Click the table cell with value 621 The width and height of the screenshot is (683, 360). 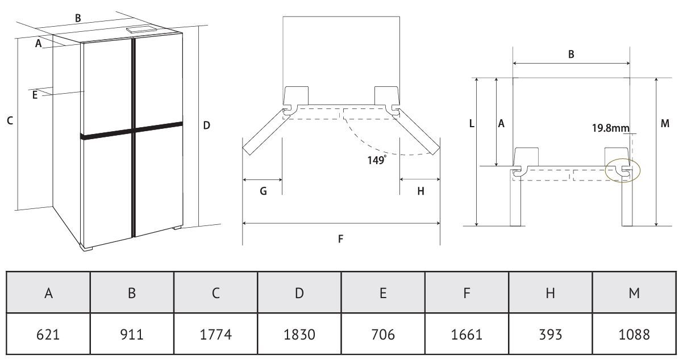point(48,334)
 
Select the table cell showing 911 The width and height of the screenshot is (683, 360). point(132,334)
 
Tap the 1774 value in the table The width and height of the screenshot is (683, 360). point(215,334)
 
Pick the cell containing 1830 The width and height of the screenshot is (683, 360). point(299,334)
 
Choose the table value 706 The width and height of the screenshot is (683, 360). point(383,334)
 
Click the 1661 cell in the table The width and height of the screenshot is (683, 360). point(467,334)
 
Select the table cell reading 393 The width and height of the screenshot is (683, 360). point(551,334)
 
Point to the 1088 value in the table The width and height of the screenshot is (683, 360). point(634,334)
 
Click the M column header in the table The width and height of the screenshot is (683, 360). point(634,292)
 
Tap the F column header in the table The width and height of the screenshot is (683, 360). point(467,292)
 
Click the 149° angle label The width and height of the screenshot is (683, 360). point(377,160)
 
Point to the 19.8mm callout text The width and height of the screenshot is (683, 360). point(611,128)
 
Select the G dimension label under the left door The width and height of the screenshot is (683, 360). point(264,191)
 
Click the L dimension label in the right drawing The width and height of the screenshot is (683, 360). point(472,123)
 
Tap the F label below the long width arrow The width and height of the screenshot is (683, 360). point(340,238)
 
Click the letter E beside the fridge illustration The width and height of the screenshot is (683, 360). point(35,95)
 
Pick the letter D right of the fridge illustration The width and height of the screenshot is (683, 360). point(206,125)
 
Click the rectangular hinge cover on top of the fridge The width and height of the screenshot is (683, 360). point(142,30)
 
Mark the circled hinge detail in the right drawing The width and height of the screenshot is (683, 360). point(623,171)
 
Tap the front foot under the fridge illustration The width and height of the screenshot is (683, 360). point(86,247)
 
